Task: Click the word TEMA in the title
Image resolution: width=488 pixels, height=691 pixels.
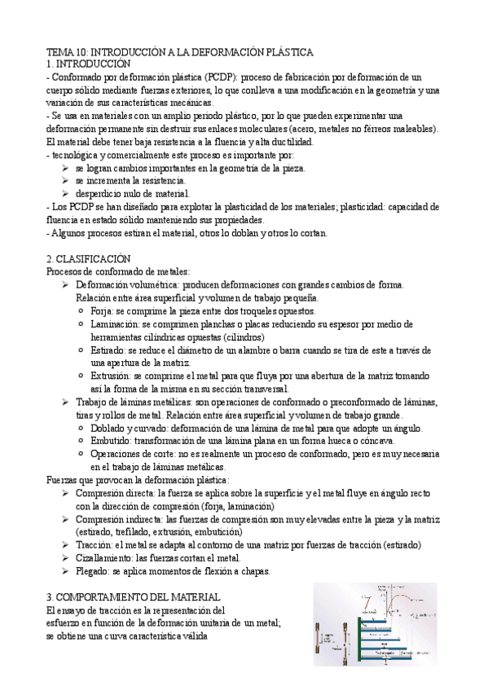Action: point(59,52)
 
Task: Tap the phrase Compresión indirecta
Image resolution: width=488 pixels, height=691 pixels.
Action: point(117,518)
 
